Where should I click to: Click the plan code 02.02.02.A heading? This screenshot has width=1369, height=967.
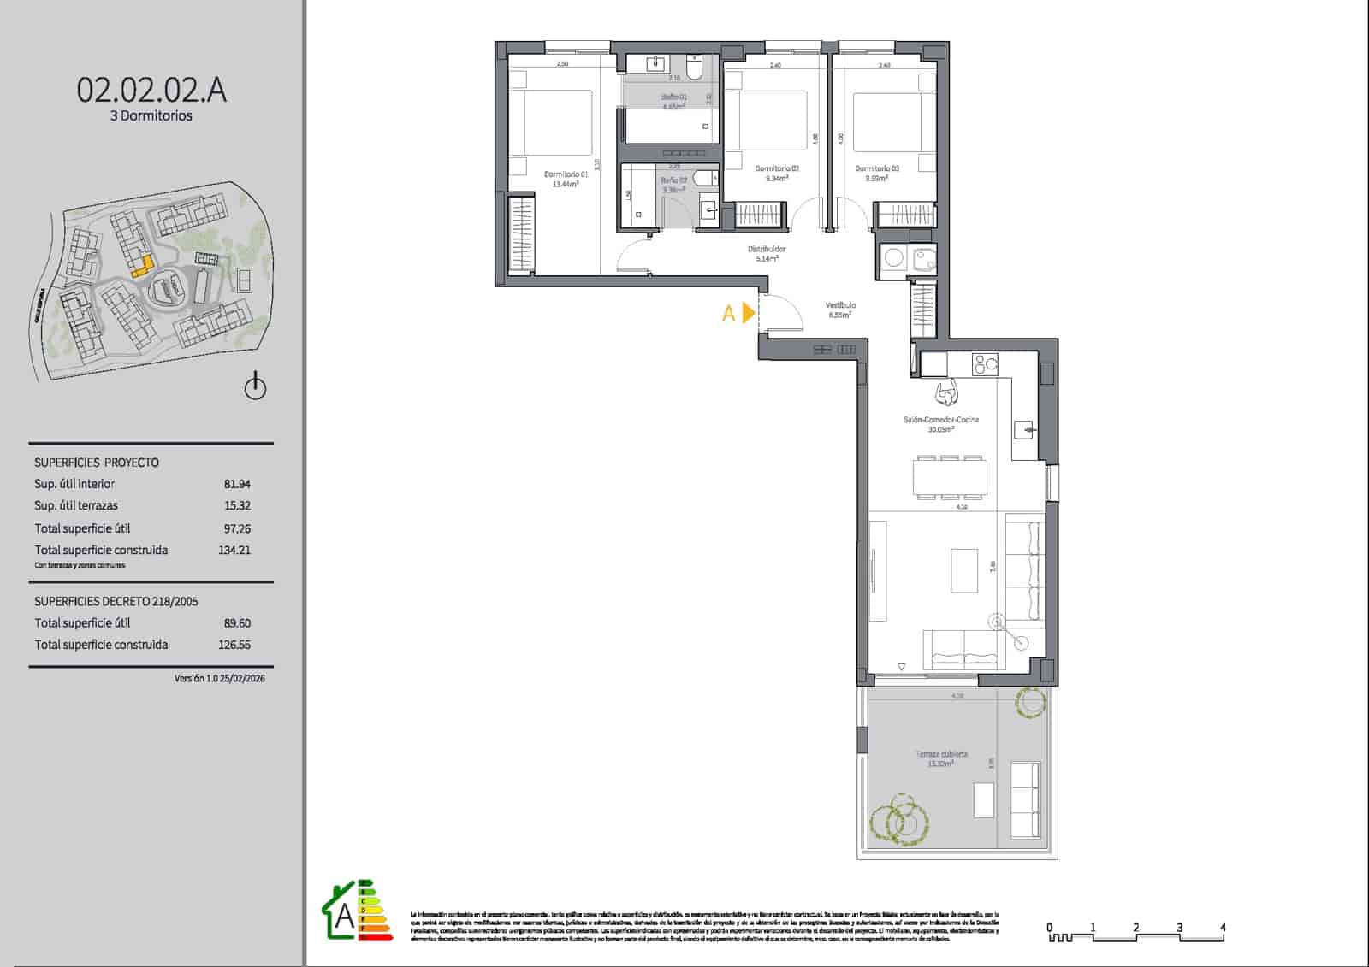[151, 90]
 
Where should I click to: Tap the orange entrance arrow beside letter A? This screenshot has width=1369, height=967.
[749, 313]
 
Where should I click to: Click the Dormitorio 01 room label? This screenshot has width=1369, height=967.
[566, 174]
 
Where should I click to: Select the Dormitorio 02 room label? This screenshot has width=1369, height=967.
[777, 169]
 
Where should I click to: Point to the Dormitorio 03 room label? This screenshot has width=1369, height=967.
[877, 169]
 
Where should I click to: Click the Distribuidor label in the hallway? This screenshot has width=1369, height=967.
[767, 250]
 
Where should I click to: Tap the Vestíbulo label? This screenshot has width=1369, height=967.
[840, 305]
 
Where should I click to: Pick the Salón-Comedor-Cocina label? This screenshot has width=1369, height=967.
[941, 420]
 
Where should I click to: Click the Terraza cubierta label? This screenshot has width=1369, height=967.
[941, 755]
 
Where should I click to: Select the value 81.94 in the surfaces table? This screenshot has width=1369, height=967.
[237, 484]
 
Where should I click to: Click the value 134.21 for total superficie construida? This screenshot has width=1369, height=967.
[234, 551]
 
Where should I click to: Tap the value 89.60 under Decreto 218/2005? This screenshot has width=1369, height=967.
[237, 623]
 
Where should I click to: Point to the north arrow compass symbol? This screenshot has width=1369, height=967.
[255, 387]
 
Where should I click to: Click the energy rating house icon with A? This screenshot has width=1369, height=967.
[344, 914]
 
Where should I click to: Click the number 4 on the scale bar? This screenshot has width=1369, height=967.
[1223, 928]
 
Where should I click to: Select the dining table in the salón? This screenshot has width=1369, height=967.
[950, 477]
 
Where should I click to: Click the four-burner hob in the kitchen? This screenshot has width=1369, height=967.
[985, 364]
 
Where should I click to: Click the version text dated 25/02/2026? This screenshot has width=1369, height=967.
[219, 679]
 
